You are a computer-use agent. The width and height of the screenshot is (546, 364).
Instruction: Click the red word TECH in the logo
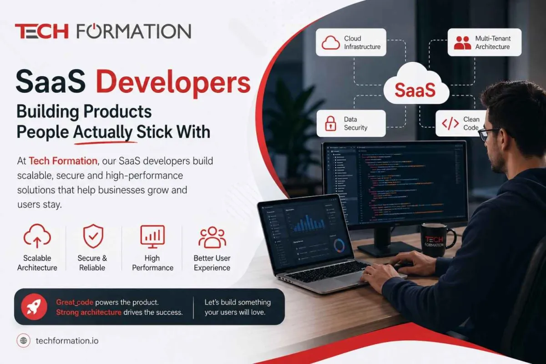(41, 31)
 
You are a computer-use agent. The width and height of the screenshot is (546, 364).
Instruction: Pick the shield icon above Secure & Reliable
(93, 236)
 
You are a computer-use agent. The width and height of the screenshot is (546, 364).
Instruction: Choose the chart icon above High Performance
(152, 236)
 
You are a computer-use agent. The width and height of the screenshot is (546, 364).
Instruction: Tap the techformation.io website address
(67, 340)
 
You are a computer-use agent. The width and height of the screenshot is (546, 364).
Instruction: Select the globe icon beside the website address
(23, 340)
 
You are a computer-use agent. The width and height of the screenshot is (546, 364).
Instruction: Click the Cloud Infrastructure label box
(351, 42)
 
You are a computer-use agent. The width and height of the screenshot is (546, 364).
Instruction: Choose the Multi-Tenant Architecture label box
(484, 42)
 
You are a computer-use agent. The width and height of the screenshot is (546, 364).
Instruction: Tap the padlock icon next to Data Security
(330, 124)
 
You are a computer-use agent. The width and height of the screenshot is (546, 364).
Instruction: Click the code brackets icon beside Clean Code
(450, 123)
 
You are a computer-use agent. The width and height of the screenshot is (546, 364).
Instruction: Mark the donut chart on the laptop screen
(339, 246)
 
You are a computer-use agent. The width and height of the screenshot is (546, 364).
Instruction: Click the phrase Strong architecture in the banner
(89, 313)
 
